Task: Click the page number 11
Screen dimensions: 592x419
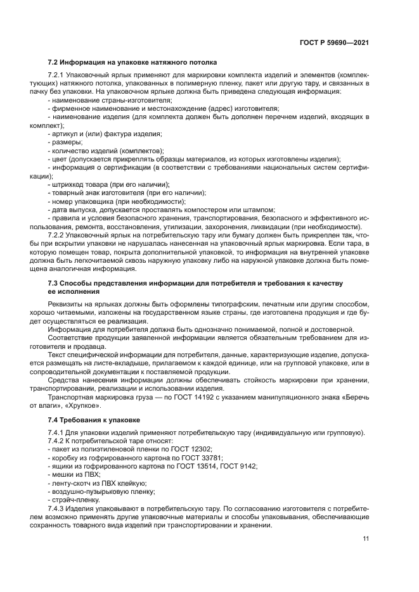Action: (366, 539)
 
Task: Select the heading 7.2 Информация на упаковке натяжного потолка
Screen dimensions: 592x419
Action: (132, 63)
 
